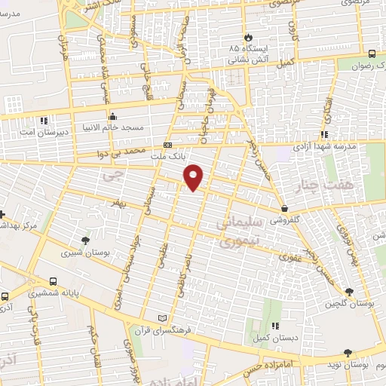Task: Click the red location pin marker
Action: tap(195, 176)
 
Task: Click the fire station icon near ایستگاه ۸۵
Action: tap(247, 38)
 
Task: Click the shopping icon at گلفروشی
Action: tap(283, 208)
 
